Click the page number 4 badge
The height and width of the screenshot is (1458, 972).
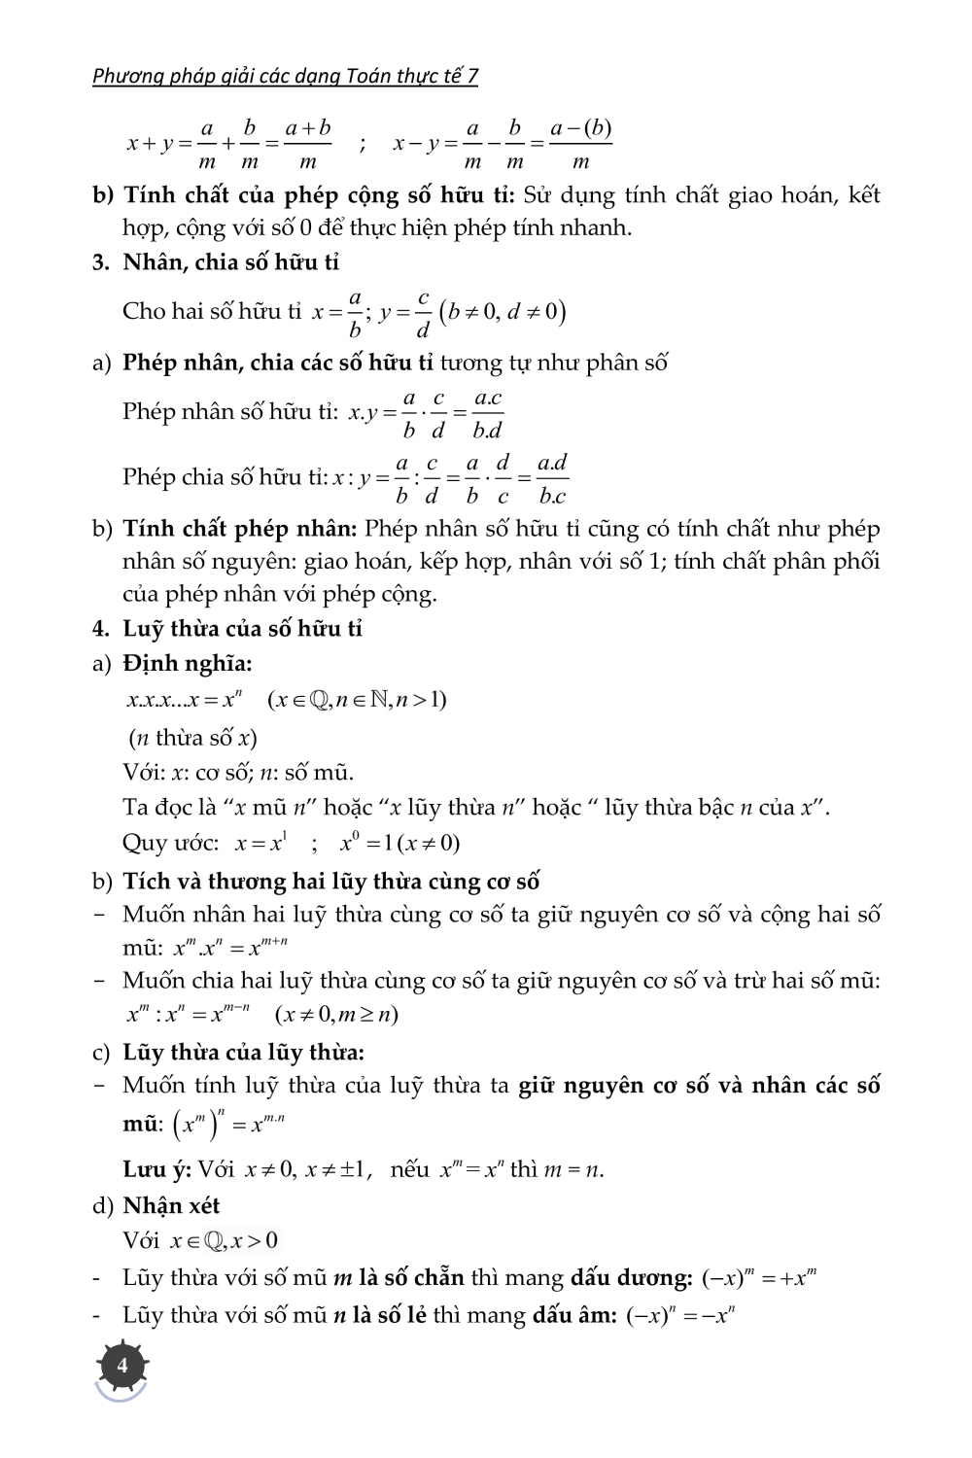pyautogui.click(x=121, y=1367)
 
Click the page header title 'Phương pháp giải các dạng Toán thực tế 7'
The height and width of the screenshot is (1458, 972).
pyautogui.click(x=285, y=76)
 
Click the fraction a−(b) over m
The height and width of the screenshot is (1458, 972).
pyautogui.click(x=580, y=144)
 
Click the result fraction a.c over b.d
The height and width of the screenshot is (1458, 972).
pyautogui.click(x=486, y=414)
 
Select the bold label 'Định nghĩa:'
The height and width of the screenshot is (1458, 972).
pyautogui.click(x=187, y=665)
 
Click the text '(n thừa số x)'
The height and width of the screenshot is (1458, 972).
pyautogui.click(x=192, y=738)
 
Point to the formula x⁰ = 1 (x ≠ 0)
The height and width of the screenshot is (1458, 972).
pyautogui.click(x=399, y=843)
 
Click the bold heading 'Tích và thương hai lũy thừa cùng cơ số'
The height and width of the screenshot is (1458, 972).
pyautogui.click(x=330, y=882)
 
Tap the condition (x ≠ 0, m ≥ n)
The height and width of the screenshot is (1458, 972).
pyautogui.click(x=337, y=1015)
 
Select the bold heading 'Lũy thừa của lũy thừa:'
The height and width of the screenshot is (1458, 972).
pyautogui.click(x=243, y=1052)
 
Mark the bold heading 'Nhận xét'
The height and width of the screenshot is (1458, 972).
pyautogui.click(x=171, y=1206)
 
